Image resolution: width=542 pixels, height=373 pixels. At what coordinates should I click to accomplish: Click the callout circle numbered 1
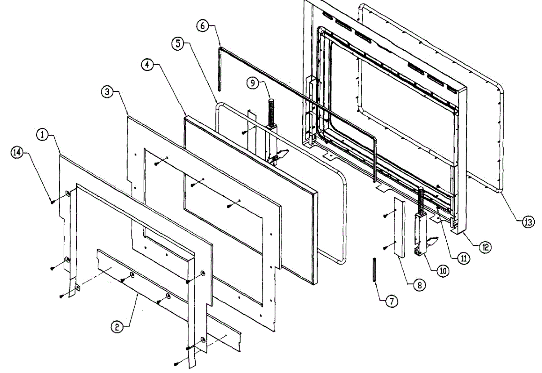tap(42, 135)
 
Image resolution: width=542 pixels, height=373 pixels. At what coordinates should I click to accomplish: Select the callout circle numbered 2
tap(117, 327)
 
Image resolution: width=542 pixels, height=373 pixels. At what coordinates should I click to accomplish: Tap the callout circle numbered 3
tap(107, 92)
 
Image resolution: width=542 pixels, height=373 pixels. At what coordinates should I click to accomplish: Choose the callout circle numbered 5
tap(178, 44)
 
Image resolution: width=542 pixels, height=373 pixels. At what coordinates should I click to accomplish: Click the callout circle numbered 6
tap(202, 26)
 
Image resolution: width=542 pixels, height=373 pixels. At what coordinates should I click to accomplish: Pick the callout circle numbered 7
tap(392, 301)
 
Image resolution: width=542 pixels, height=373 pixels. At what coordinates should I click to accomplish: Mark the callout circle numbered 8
tap(419, 285)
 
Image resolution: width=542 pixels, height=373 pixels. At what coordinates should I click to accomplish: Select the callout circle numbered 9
tap(252, 83)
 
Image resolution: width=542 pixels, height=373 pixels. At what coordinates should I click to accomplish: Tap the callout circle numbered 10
tap(443, 271)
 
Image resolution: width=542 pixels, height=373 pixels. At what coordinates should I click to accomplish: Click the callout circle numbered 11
tap(463, 259)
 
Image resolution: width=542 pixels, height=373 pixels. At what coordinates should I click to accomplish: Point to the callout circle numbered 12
tap(485, 247)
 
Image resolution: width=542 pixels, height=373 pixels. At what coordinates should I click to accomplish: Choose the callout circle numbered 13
tap(528, 222)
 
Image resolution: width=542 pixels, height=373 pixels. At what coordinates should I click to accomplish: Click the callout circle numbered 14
tap(17, 153)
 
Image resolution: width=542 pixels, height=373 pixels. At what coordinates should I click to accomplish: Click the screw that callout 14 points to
tap(52, 202)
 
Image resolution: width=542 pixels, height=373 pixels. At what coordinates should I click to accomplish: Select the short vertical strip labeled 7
tap(374, 269)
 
